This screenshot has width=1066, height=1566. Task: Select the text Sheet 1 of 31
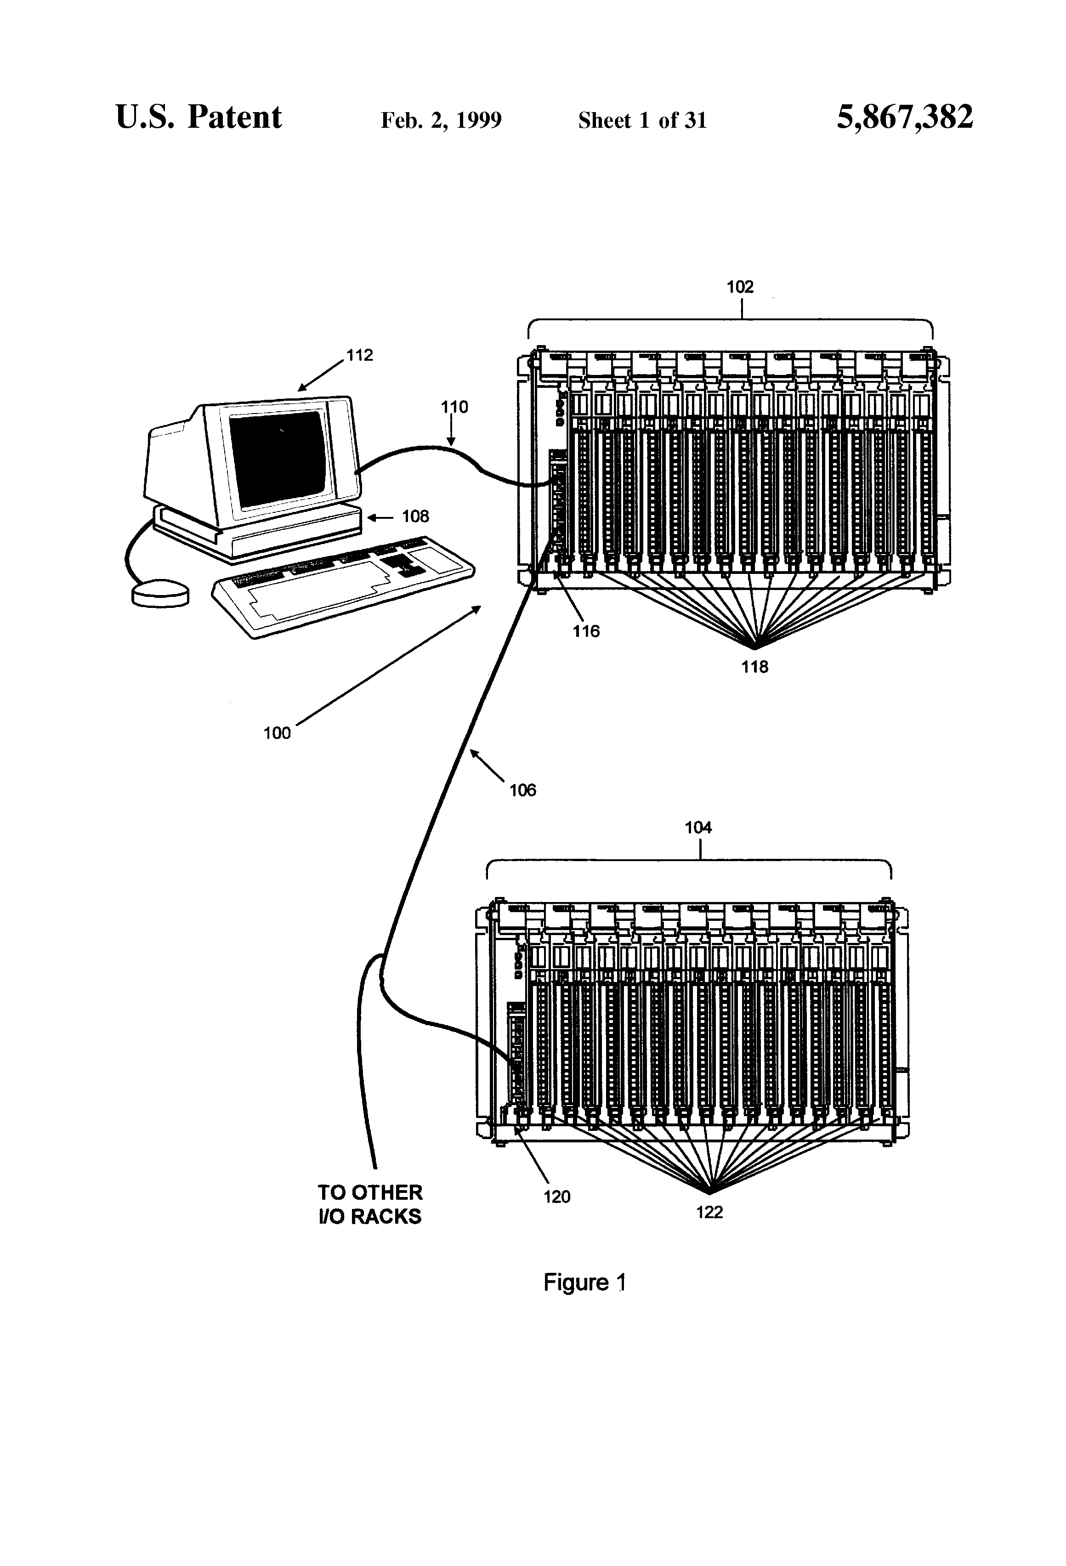[642, 120]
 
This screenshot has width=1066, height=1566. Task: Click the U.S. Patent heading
[199, 117]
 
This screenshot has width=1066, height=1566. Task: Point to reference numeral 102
[739, 287]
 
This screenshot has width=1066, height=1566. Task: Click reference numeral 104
[698, 828]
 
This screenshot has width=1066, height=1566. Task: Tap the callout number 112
[359, 355]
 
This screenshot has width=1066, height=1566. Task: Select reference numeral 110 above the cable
[454, 407]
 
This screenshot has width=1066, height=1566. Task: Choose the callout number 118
[754, 667]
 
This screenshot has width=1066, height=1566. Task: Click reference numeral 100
[277, 733]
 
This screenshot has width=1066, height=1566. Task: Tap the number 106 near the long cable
[522, 790]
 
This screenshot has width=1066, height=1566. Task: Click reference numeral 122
[709, 1212]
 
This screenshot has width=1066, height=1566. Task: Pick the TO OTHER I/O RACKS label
[370, 1204]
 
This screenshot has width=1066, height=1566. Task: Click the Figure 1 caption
[585, 1282]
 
